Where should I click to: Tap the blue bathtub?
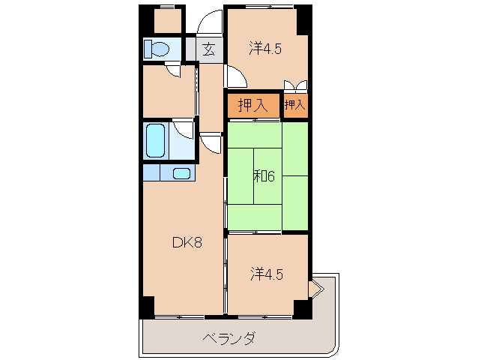pos(155,140)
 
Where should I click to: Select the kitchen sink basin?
pos(182,173)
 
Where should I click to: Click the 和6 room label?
pos(264,177)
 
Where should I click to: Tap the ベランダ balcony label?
pos(228,338)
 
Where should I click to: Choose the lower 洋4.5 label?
pos(266,274)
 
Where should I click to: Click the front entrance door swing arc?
pos(209,21)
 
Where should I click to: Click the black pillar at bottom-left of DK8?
pos(146,307)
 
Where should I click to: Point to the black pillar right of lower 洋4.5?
pos(302,307)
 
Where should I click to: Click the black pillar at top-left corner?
pos(145,19)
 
